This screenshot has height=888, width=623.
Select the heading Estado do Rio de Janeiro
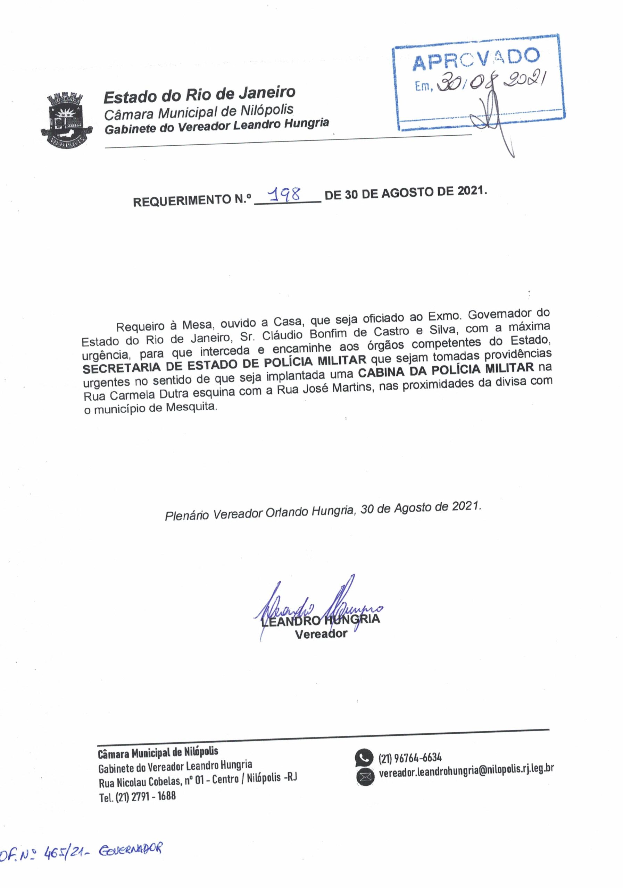coord(199,95)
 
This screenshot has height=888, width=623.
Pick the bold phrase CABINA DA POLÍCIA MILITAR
coord(446,369)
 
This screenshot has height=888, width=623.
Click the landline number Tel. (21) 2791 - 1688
coord(138,796)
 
